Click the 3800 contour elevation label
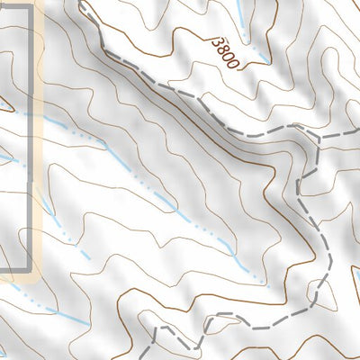click(225, 53)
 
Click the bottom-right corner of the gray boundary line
click(33, 269)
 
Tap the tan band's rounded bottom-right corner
click(40, 276)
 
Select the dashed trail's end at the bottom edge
click(151, 357)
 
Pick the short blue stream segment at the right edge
click(356, 298)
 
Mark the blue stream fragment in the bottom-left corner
click(7, 346)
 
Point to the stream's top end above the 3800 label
click(239, 3)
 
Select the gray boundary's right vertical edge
click(34, 135)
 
